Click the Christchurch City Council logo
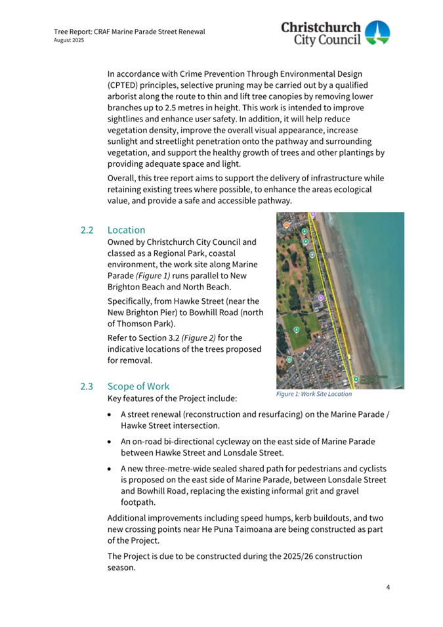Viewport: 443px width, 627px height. pos(335,33)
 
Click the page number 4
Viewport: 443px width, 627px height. pos(388,587)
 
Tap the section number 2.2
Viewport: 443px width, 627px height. pos(87,230)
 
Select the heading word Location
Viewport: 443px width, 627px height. pos(126,230)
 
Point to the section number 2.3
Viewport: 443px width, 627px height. pos(87,386)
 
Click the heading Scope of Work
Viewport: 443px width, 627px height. pos(138,386)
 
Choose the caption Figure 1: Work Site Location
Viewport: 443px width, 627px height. pos(314,395)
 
